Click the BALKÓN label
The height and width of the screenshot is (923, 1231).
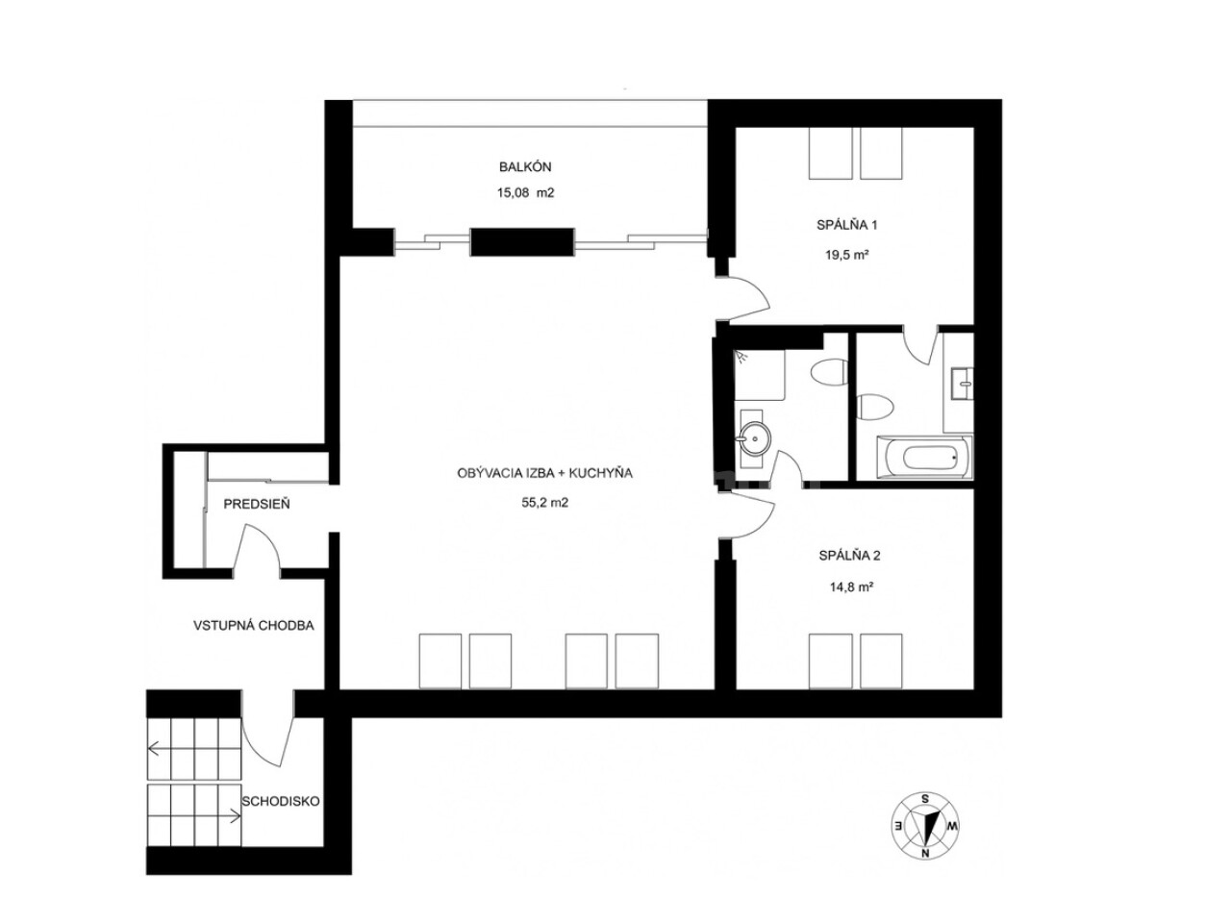525,166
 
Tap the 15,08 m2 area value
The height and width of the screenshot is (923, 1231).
525,193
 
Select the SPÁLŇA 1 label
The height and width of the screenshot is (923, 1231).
847,225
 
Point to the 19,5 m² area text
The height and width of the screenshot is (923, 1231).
847,255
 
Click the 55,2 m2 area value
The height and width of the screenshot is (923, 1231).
544,503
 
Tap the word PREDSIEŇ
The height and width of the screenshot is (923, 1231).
257,505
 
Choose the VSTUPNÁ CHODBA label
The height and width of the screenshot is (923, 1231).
254,625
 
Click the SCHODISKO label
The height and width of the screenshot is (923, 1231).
281,802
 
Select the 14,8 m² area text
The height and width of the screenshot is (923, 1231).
852,587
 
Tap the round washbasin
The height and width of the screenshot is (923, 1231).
755,437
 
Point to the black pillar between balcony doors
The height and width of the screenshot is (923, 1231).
522,242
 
